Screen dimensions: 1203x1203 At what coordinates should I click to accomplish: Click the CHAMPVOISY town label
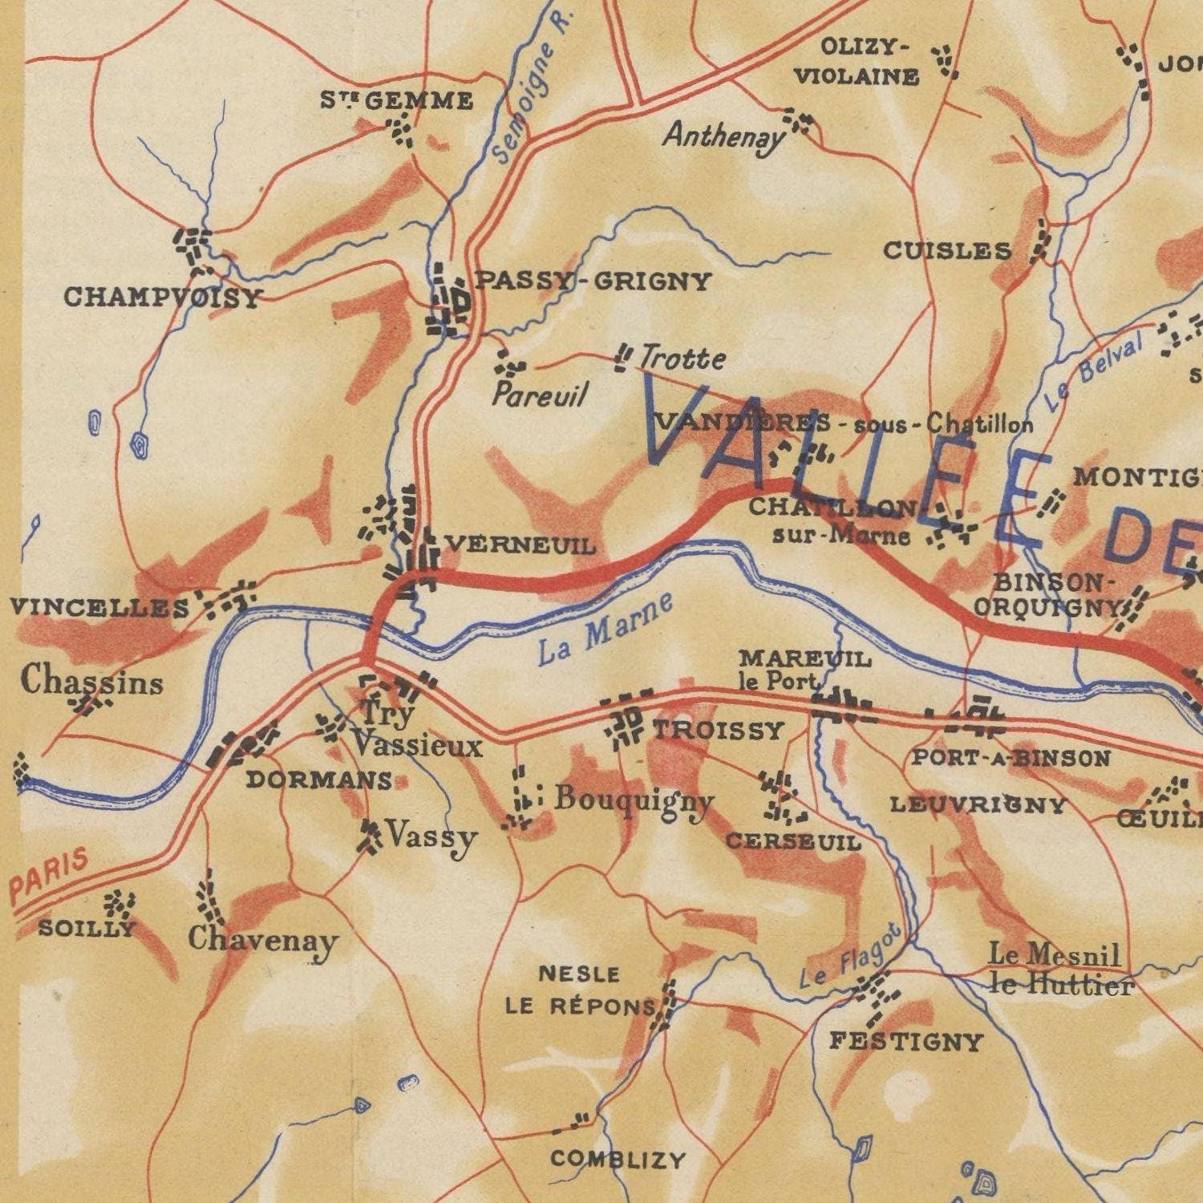[x=163, y=298]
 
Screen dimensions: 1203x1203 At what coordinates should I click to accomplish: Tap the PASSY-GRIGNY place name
[x=593, y=282]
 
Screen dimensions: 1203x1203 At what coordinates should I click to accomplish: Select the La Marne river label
[x=606, y=630]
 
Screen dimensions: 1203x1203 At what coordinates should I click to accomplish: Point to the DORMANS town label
[x=319, y=780]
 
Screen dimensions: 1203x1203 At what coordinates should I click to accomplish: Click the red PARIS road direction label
[x=50, y=878]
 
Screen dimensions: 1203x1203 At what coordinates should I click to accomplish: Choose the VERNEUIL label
[x=520, y=546]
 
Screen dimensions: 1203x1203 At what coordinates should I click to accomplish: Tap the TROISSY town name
[x=718, y=730]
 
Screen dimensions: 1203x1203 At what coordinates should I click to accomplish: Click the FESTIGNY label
[x=905, y=1042]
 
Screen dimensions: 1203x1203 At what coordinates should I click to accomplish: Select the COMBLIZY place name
[x=618, y=1159]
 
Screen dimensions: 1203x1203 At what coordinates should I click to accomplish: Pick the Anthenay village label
[x=723, y=136]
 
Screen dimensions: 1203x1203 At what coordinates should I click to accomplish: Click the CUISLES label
[x=947, y=251]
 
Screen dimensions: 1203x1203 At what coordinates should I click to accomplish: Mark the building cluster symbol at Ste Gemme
[x=400, y=129]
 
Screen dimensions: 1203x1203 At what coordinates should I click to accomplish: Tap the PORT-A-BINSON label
[x=1011, y=758]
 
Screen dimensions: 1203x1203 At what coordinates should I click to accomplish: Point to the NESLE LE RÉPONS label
[x=579, y=990]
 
